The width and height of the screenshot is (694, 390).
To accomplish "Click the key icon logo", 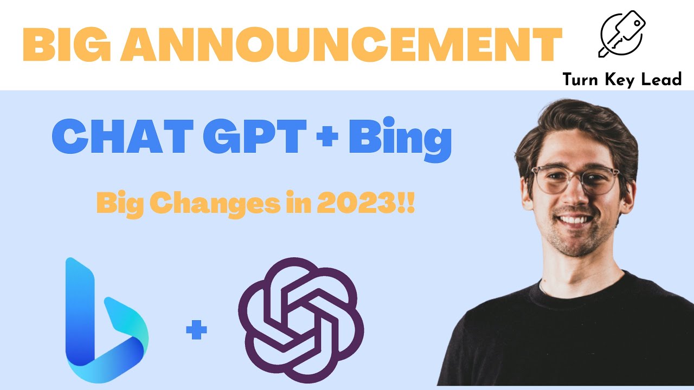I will [x=621, y=34].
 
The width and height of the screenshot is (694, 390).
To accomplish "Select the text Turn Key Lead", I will [x=622, y=80].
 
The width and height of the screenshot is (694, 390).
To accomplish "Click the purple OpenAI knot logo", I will [x=301, y=320].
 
